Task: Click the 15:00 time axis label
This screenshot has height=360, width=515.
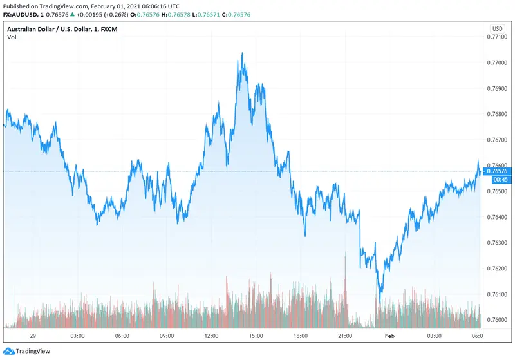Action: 256,336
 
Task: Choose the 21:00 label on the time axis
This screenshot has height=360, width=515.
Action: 344,336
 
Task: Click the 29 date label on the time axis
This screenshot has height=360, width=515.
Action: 33,336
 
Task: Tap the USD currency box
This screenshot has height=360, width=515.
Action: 497,29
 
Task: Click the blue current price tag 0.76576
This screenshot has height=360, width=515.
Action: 498,171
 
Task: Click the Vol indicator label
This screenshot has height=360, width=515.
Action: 12,37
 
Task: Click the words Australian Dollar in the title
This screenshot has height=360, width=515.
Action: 31,29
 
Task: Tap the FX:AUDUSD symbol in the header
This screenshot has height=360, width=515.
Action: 19,14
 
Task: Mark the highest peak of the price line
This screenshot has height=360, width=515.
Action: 242,53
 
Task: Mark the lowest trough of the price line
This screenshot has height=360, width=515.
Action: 380,302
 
